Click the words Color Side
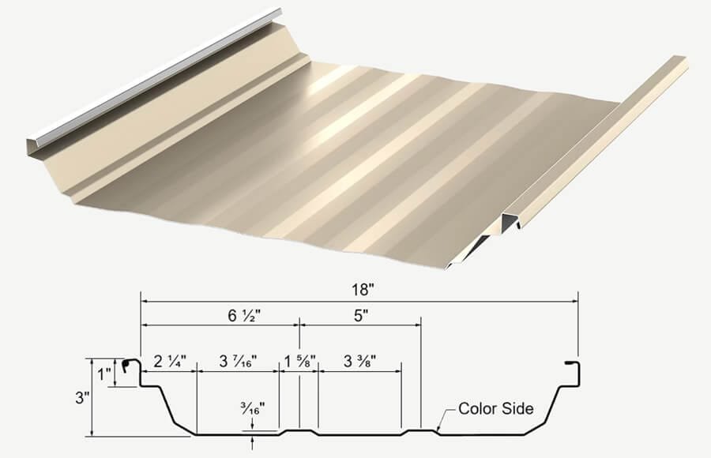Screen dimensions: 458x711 tap(497, 409)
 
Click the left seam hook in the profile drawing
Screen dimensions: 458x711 tap(130, 367)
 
